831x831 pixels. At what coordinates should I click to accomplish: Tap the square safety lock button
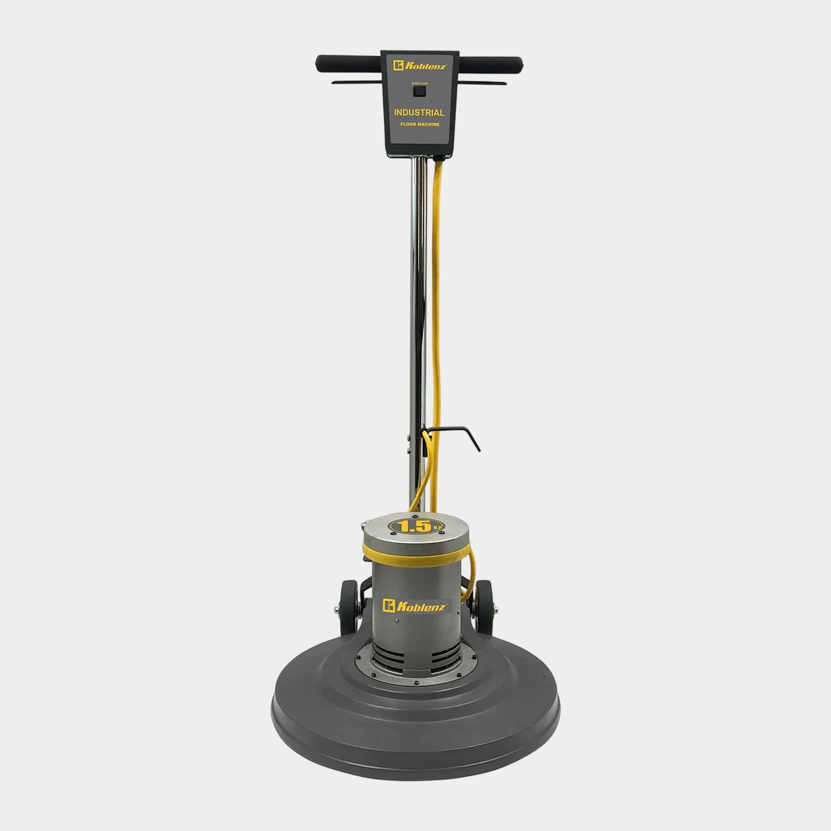click(x=419, y=91)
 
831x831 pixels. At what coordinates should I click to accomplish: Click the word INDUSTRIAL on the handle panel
click(x=419, y=113)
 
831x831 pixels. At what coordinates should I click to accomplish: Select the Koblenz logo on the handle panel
click(x=419, y=65)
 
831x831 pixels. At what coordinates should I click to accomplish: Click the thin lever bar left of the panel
click(x=355, y=82)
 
